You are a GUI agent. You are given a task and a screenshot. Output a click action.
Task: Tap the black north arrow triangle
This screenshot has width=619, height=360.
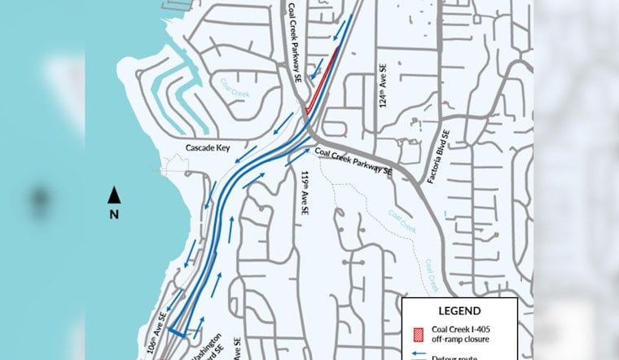(115, 195)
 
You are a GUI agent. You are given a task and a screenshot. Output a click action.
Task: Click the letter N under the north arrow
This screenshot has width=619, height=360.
(115, 214)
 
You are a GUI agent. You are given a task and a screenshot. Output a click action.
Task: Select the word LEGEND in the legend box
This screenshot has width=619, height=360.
(460, 311)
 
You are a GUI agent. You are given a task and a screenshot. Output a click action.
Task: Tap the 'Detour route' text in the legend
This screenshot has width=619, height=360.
(461, 357)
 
